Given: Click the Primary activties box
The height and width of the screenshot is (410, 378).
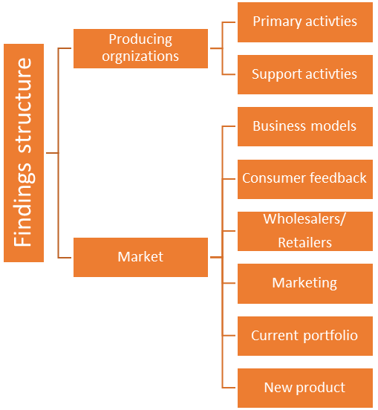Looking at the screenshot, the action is (305, 22).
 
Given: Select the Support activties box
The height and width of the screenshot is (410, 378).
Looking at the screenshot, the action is (305, 74).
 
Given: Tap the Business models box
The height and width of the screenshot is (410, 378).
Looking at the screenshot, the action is (305, 126).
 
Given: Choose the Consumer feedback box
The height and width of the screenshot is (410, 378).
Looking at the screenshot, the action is (305, 179).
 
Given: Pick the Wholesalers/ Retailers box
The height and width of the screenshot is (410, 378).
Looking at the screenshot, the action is (305, 232).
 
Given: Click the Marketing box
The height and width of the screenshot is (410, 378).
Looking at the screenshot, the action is (305, 284).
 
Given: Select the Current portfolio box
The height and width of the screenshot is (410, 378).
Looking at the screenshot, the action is (305, 336).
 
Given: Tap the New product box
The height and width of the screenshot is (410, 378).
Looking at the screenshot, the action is (305, 388).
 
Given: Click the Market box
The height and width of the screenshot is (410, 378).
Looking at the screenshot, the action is (140, 257).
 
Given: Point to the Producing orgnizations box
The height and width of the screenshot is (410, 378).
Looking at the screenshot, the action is (140, 48).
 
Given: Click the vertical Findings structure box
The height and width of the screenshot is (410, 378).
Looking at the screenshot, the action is (24, 153).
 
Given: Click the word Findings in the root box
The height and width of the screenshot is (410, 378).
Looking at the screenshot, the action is (24, 204).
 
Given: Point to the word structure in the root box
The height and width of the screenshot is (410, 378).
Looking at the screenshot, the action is (23, 105).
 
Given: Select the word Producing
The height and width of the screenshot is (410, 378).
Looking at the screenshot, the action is (140, 40).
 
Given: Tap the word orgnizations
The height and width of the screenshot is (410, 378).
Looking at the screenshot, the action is (140, 56).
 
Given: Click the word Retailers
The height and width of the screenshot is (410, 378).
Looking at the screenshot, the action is (304, 243).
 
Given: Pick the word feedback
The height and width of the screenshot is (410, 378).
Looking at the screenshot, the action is (338, 178).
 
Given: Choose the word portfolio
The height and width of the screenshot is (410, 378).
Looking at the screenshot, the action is (330, 336).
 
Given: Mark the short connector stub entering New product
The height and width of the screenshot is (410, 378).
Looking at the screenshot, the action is (229, 388).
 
